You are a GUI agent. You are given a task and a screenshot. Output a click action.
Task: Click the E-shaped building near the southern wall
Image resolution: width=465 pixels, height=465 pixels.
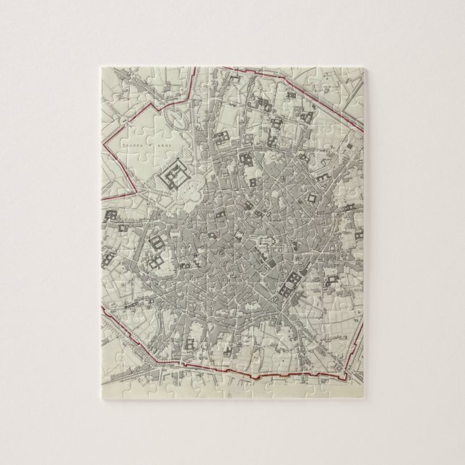pos(195,328)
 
